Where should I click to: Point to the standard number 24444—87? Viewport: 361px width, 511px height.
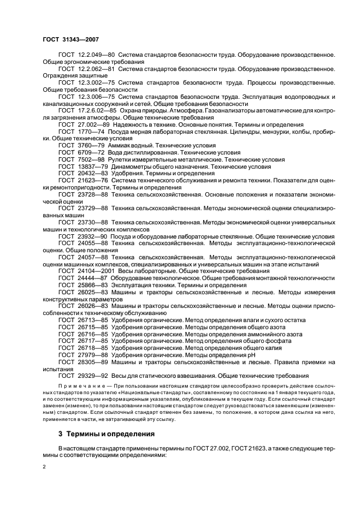[x=92, y=278]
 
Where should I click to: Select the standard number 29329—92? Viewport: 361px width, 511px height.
[x=92, y=376]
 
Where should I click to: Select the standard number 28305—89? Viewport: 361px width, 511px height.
[x=92, y=362]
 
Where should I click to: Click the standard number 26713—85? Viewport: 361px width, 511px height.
[x=92, y=320]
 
